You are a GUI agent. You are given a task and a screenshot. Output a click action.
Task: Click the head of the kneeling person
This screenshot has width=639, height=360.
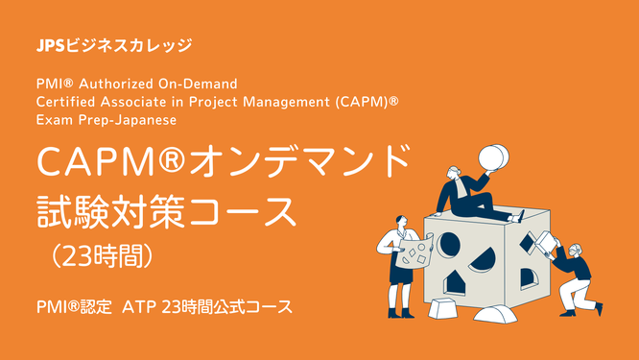pyautogui.click(x=575, y=252)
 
